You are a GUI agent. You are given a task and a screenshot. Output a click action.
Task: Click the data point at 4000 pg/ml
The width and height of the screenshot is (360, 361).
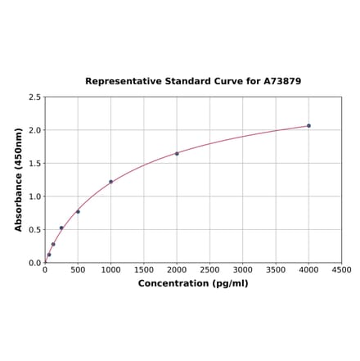[308, 125]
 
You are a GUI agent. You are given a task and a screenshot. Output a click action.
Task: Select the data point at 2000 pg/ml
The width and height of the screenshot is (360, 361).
[177, 153]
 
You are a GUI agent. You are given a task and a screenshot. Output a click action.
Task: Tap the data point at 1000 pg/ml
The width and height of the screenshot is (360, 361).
[110, 182]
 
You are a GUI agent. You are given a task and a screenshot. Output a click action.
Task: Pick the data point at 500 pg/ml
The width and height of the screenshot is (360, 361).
[78, 211]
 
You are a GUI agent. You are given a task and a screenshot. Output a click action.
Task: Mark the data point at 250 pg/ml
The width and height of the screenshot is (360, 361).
[61, 228]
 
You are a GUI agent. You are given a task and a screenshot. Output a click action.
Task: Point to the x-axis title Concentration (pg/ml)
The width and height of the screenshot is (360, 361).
[193, 283]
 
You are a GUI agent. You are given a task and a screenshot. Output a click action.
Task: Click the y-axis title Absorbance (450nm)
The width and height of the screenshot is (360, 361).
[19, 179]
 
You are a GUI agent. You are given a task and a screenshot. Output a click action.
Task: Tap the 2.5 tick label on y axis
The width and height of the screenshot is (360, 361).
[35, 97]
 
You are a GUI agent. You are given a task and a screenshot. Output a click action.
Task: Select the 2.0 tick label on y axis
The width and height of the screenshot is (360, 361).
[35, 130]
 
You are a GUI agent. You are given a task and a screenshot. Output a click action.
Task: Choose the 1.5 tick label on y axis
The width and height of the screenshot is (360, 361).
[35, 164]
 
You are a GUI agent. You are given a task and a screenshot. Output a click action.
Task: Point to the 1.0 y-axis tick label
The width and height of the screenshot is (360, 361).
[35, 196]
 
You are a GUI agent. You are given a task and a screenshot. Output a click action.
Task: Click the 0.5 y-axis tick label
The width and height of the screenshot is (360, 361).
[35, 230]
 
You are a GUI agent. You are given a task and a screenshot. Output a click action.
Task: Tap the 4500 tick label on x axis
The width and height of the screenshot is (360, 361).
[341, 269]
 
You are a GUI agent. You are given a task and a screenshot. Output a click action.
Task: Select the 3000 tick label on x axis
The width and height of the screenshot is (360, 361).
[243, 269]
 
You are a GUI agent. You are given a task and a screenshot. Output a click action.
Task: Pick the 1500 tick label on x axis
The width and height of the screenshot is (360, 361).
[144, 269]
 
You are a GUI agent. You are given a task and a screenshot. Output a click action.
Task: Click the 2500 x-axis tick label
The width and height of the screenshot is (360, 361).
[209, 269]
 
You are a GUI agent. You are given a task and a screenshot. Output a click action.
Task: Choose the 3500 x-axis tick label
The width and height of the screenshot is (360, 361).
[276, 269]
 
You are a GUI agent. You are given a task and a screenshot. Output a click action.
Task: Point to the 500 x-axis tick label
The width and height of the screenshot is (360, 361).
[78, 269]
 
